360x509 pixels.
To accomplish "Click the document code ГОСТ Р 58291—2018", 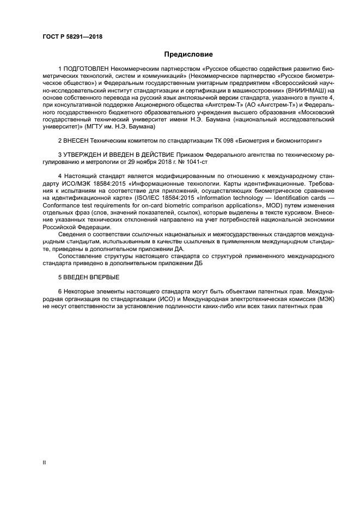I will point(72,37).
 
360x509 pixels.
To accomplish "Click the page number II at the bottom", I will point(44,462).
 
